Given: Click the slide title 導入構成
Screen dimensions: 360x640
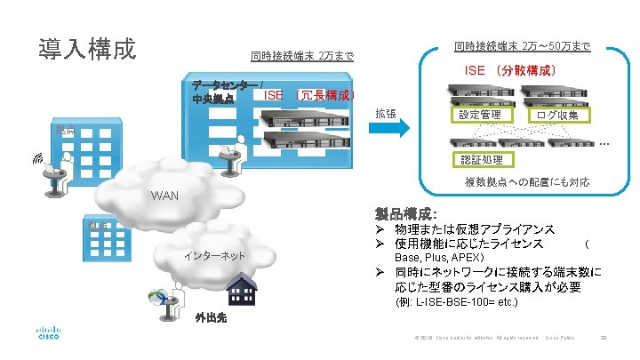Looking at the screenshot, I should pyautogui.click(x=86, y=48).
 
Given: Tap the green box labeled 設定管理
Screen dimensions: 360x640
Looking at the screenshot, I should pyautogui.click(x=480, y=116).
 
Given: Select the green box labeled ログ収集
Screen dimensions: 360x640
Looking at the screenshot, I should pyautogui.click(x=557, y=116).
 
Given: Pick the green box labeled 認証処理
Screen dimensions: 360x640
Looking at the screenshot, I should pyautogui.click(x=481, y=160).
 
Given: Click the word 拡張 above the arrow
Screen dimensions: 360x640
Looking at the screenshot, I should pyautogui.click(x=385, y=112).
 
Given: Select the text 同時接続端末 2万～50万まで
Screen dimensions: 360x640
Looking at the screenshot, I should pyautogui.click(x=522, y=45).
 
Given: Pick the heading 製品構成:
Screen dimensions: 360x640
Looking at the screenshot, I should pyautogui.click(x=406, y=215).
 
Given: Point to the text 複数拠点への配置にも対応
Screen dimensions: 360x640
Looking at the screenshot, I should pyautogui.click(x=526, y=182).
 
